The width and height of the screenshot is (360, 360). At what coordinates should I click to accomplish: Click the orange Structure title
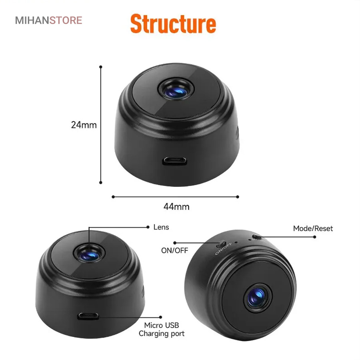coord(173,24)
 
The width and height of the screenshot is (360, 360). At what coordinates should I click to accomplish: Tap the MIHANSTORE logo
coord(48,20)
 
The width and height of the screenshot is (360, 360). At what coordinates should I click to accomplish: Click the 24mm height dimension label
coord(84,125)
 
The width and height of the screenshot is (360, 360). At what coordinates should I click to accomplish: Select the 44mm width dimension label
coord(176,207)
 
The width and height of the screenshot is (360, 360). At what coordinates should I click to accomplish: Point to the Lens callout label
coord(161,227)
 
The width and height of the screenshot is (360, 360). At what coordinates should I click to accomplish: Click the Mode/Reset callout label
coord(313,228)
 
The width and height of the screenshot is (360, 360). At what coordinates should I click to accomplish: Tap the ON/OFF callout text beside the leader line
coord(174,250)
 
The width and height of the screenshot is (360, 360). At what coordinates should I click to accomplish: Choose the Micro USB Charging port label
coord(162,329)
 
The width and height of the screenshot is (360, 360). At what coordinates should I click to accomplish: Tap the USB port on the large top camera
coord(174,161)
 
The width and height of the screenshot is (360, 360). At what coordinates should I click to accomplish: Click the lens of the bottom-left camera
coord(90,254)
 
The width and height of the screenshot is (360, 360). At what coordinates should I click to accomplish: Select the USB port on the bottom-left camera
coord(88,316)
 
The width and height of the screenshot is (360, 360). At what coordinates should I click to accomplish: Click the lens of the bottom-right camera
coord(257,298)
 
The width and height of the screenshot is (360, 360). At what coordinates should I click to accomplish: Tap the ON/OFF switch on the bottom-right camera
coord(221,244)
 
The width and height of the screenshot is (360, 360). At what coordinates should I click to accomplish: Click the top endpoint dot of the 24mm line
coord(100,67)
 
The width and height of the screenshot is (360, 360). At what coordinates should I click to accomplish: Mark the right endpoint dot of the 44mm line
coord(238,197)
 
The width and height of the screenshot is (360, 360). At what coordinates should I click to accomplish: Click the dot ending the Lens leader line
coord(148,227)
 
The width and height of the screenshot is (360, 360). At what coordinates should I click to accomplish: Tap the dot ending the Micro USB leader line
coord(160,317)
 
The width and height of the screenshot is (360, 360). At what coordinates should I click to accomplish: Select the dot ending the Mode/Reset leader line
coord(314,237)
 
